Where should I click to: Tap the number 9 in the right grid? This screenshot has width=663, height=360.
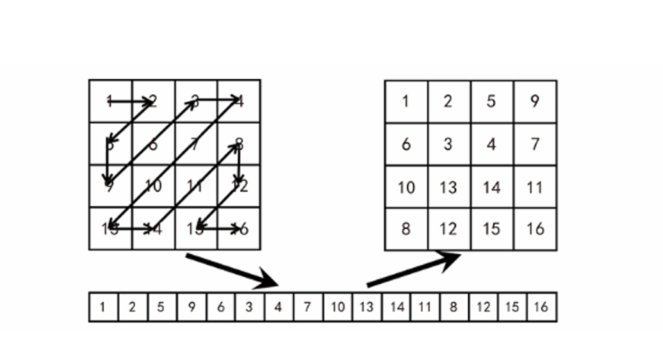(535, 101)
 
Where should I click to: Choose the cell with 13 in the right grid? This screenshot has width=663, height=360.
(448, 187)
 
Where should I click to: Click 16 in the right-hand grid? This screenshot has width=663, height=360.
(535, 229)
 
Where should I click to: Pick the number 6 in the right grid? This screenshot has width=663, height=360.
(405, 144)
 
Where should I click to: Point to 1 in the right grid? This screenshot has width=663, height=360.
(405, 101)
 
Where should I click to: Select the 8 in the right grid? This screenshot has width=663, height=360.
(405, 229)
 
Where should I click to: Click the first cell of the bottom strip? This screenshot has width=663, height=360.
(103, 307)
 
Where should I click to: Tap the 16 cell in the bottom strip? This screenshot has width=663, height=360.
(541, 307)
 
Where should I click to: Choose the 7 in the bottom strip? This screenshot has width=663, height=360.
(307, 307)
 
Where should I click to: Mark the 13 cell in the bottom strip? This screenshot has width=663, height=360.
(366, 307)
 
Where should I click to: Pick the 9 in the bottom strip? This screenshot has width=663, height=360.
(191, 307)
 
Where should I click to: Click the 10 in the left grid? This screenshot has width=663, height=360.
(153, 186)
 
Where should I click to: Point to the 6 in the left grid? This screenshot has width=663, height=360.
(153, 144)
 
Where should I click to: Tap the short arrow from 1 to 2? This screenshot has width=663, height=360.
(131, 101)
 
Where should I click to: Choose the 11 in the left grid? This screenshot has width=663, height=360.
(195, 186)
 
